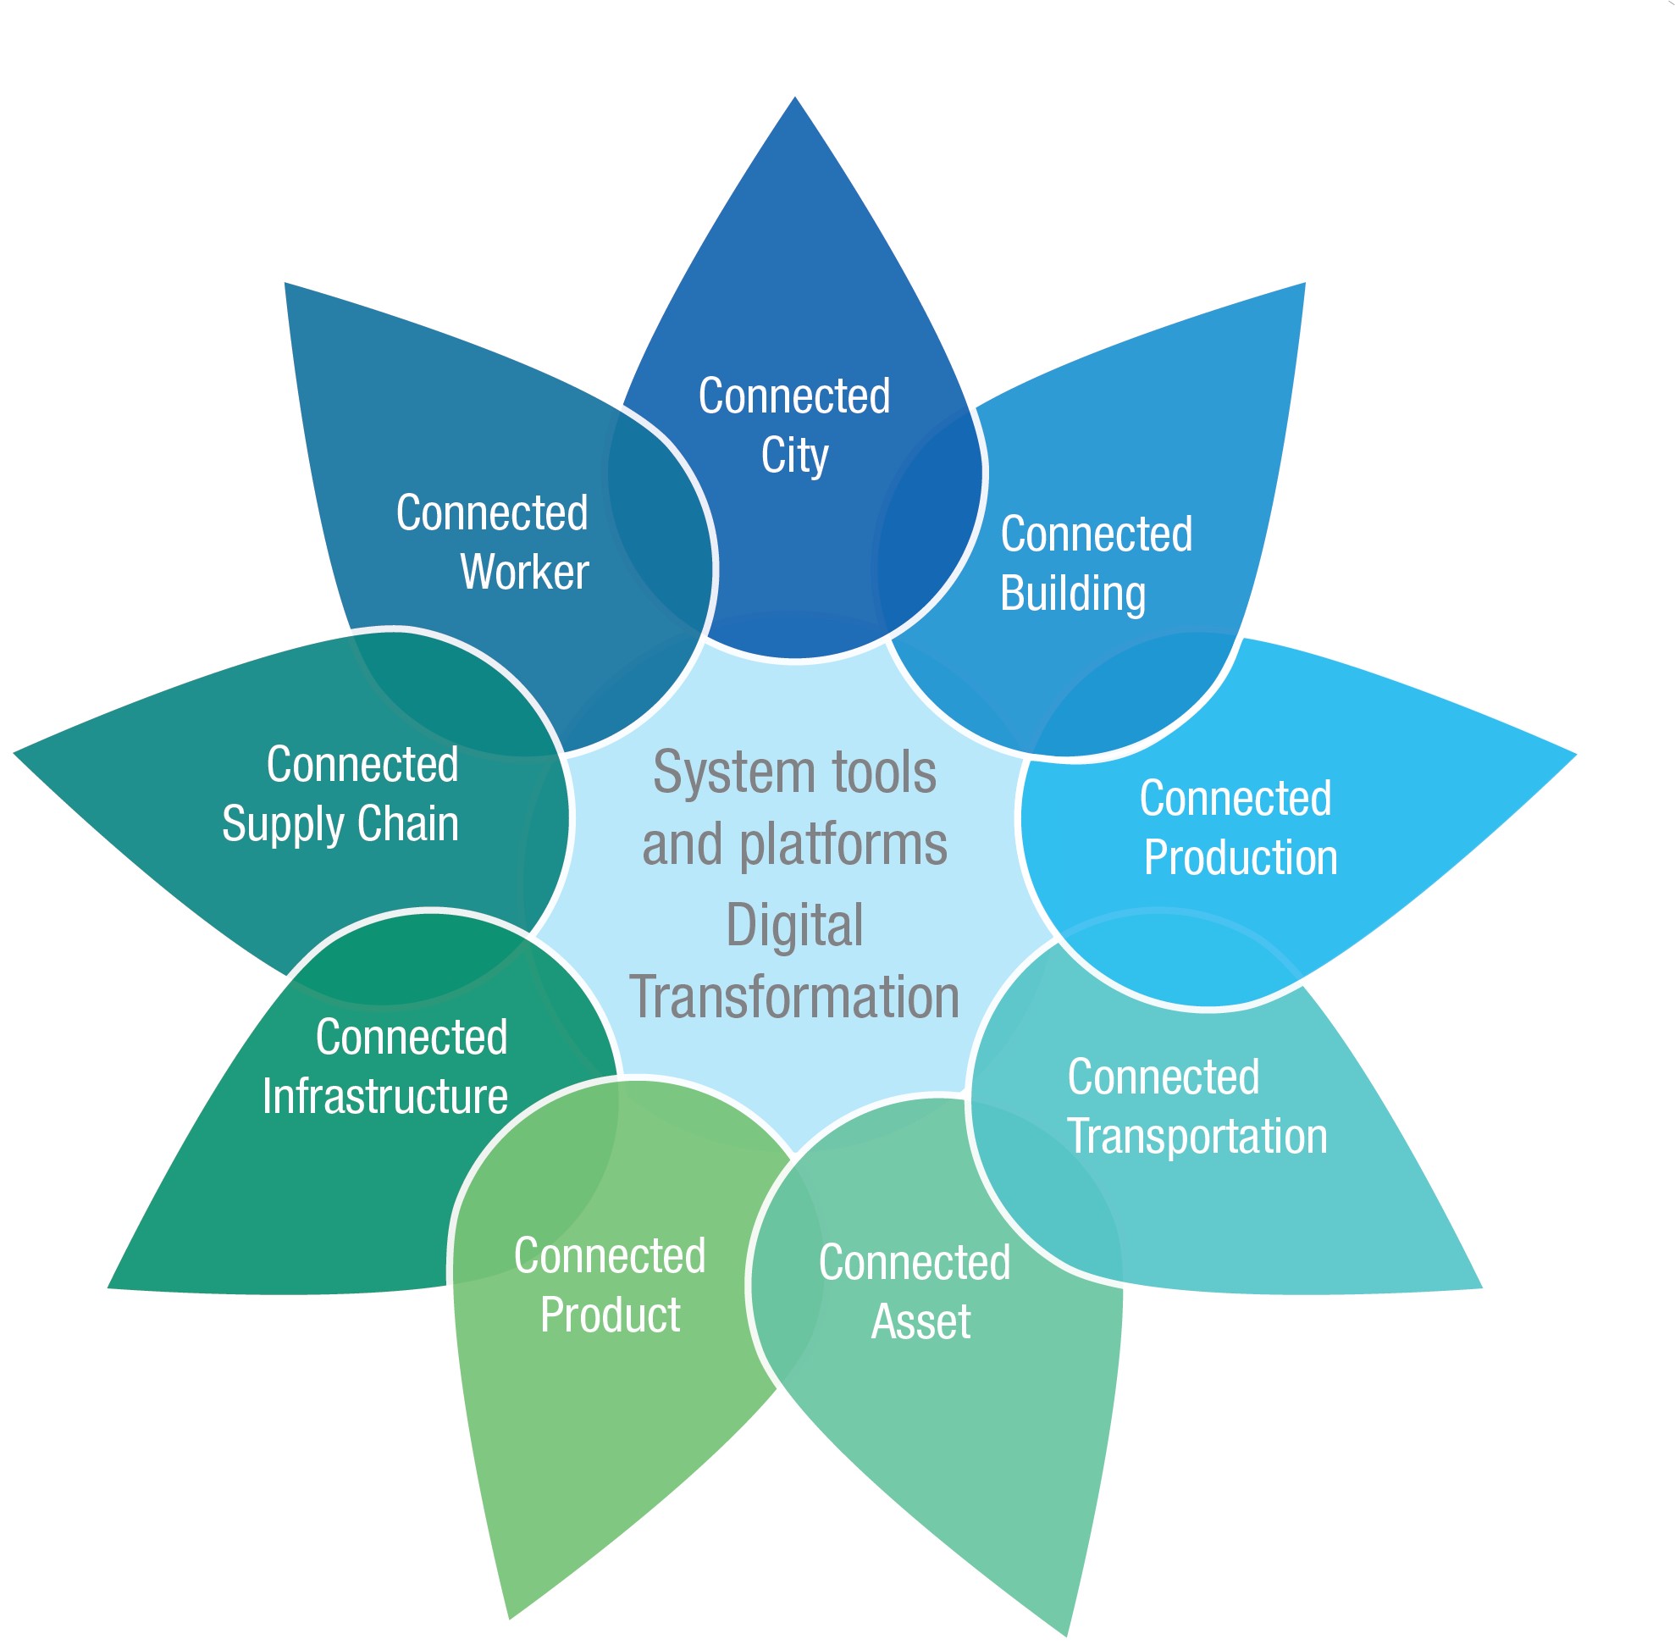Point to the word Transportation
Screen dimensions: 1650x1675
coord(1196,1135)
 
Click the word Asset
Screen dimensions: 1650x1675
coord(920,1321)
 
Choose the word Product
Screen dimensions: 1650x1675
coord(609,1315)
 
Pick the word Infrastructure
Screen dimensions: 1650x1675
coord(384,1096)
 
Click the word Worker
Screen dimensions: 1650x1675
coord(523,571)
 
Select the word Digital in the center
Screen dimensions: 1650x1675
coord(793,925)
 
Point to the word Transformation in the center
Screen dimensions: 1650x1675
coord(793,997)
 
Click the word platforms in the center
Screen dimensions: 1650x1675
coord(843,845)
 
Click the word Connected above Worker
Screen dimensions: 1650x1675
coord(491,512)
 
